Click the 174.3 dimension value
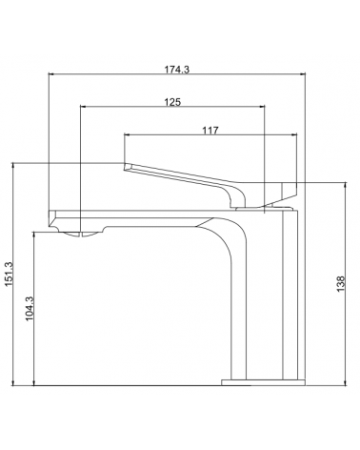(176, 70)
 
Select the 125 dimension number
(172, 102)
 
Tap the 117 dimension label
(210, 131)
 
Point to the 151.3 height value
(9, 274)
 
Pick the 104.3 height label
(30, 309)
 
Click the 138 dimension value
(340, 284)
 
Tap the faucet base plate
(263, 382)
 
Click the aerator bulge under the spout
(81, 235)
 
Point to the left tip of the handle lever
(125, 166)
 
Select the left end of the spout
(50, 218)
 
